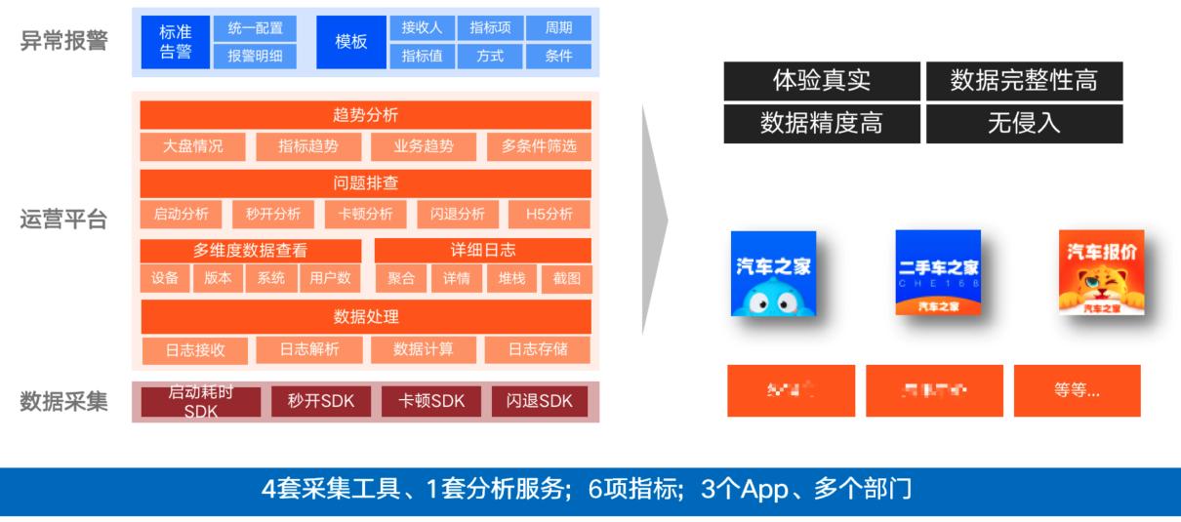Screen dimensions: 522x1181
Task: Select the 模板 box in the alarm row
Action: (x=350, y=42)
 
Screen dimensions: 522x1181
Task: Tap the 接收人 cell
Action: (x=422, y=27)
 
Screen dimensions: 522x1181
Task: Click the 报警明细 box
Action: (x=255, y=56)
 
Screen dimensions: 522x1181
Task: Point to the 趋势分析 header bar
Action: (x=365, y=115)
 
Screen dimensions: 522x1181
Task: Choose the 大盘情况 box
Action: (x=193, y=147)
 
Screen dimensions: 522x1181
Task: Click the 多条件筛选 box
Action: (x=539, y=147)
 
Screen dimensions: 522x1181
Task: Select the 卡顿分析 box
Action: (x=365, y=214)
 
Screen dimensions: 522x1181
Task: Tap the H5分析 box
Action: (x=550, y=214)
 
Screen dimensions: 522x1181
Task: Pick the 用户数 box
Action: (x=330, y=278)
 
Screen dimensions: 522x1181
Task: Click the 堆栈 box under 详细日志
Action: (x=511, y=278)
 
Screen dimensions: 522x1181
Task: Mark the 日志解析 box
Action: (x=308, y=349)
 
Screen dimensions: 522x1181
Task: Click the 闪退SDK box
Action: (x=540, y=401)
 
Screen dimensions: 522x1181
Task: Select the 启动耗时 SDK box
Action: (x=201, y=402)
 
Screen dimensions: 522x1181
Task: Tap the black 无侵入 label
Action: (x=1024, y=124)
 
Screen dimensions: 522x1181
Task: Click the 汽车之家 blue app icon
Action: (x=773, y=273)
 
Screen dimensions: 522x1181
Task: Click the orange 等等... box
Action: (x=1077, y=390)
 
